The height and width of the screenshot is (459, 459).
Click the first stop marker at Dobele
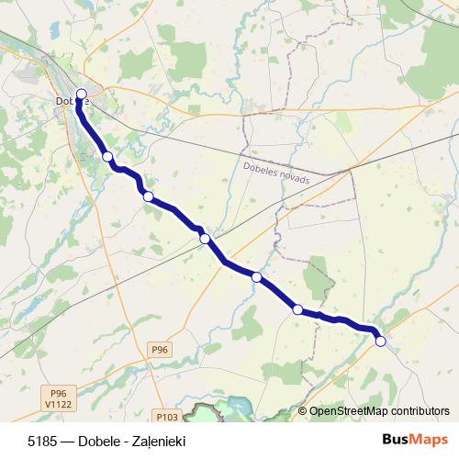81,94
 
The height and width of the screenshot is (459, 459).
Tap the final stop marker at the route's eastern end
380,341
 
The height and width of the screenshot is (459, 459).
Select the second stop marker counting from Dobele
107,157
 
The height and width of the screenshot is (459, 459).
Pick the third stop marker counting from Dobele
147,195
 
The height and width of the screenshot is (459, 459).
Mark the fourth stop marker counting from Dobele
205,239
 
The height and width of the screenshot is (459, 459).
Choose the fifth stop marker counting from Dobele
256,276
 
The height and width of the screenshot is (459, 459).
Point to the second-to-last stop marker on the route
297,309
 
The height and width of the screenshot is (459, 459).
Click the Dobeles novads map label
276,174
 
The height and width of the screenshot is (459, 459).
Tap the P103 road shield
166,415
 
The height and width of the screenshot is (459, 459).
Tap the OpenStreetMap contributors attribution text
379,411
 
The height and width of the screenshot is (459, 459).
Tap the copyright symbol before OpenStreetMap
302,411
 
